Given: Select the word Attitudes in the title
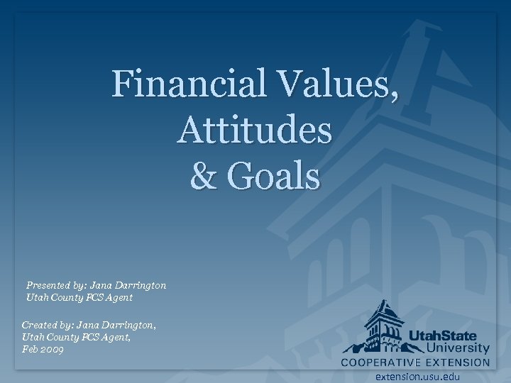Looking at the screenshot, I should pos(255,131).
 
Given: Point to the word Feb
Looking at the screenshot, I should pos(31,350).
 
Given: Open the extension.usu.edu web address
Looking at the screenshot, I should pos(418,377).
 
